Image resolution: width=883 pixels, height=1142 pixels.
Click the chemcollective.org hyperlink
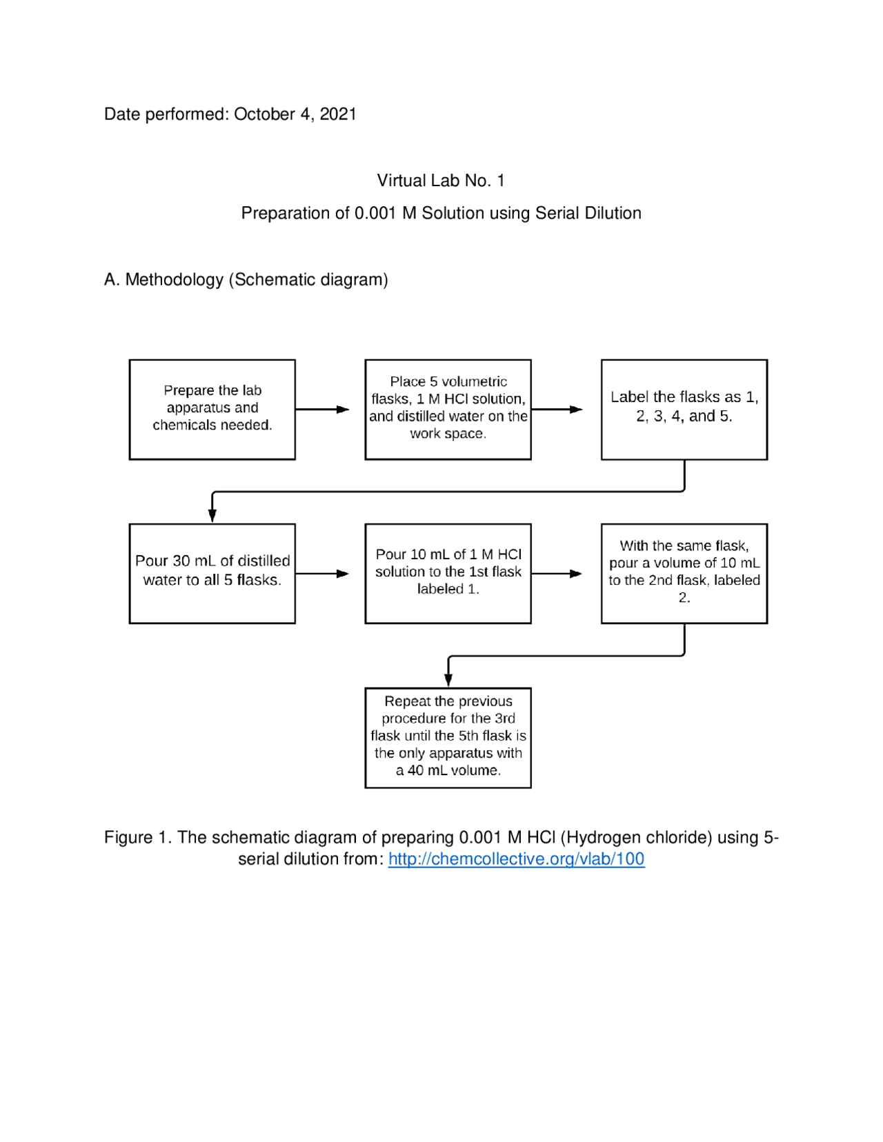click(516, 859)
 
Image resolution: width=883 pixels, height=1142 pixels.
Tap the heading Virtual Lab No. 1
click(441, 181)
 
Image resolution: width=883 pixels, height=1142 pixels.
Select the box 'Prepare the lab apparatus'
click(212, 409)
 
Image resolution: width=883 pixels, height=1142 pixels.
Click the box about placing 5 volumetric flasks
click(448, 409)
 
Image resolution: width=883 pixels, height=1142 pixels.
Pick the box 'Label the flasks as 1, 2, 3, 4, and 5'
click(684, 409)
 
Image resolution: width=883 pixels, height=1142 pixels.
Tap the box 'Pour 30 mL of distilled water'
click(212, 573)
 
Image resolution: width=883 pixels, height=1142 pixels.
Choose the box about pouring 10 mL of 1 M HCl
click(448, 573)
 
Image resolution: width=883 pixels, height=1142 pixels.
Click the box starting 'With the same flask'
click(684, 573)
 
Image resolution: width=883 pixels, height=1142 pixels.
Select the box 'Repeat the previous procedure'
click(448, 737)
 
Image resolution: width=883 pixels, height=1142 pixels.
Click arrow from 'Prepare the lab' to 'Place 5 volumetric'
click(323, 410)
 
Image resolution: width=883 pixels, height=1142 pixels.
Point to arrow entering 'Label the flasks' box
click(557, 410)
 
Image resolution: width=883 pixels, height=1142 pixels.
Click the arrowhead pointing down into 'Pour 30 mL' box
click(212, 516)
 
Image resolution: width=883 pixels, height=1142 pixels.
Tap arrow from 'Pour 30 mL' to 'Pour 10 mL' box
click(323, 574)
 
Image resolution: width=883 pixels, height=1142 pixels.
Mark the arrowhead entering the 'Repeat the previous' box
click(448, 680)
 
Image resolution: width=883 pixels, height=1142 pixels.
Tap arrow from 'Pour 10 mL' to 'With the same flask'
click(557, 574)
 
